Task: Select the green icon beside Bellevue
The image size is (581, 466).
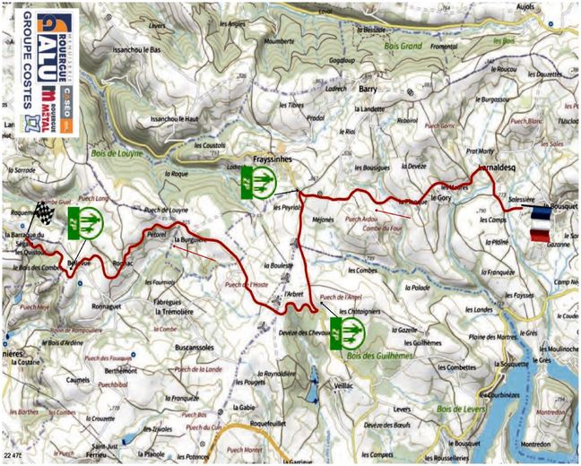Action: [87, 222]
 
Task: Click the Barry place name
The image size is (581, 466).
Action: [369, 91]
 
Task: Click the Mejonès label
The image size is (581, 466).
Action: [319, 214]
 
